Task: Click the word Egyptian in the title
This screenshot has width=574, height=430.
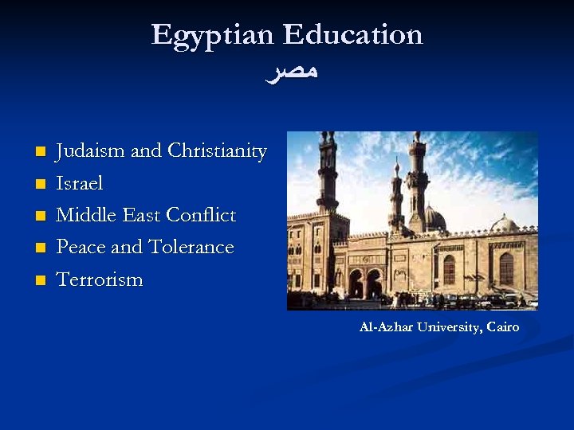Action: point(213,35)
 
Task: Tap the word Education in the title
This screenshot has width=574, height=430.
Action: point(352,35)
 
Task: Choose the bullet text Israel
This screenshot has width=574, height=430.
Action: point(80,183)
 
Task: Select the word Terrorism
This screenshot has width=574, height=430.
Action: point(100,279)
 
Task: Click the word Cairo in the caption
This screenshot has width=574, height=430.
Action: point(502,327)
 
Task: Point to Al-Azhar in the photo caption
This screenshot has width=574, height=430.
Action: point(380,327)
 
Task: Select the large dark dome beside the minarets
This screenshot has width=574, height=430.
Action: point(434,218)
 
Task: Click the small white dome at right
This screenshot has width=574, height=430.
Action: point(504,224)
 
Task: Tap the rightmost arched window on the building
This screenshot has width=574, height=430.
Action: point(505,268)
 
